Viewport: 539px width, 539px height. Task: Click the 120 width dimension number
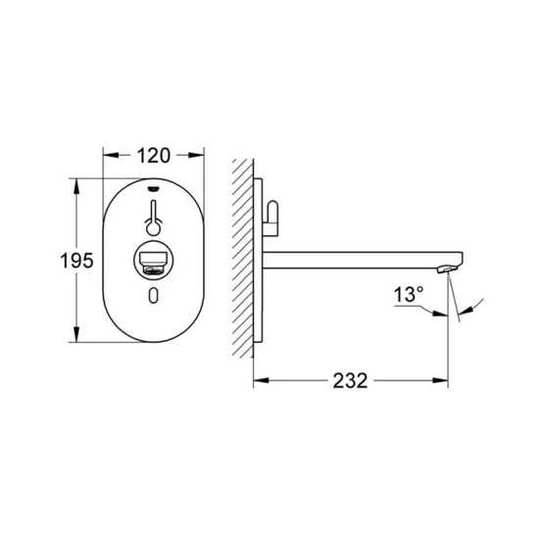154,155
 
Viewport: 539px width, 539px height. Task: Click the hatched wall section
243,260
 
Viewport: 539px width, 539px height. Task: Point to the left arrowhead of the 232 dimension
260,380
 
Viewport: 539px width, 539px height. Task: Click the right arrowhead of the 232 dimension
444,380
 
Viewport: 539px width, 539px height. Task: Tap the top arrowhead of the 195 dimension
75,184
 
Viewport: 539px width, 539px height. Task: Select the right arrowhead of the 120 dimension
199,155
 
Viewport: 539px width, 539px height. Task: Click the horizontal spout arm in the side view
353,259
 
